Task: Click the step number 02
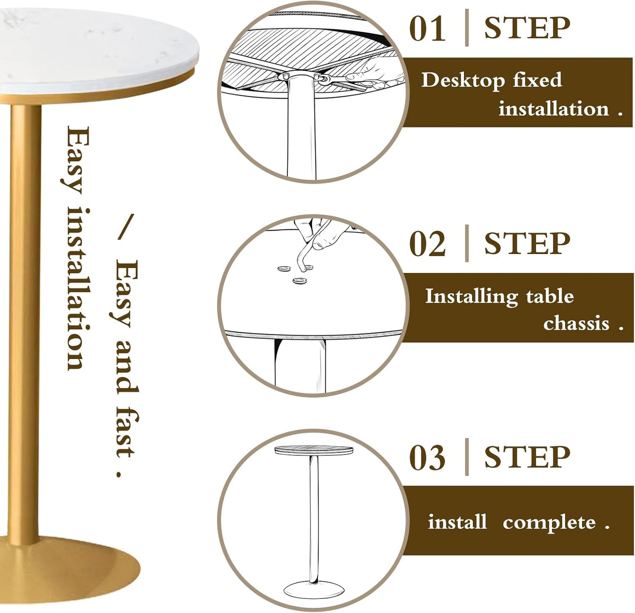coord(427,244)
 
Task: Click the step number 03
coord(427,458)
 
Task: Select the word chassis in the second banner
coord(576,323)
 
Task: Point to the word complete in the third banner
coord(549,522)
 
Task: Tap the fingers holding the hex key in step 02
coord(319,235)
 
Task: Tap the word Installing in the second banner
coord(472,297)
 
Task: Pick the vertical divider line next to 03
coord(467,457)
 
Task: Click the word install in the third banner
coord(457,522)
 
